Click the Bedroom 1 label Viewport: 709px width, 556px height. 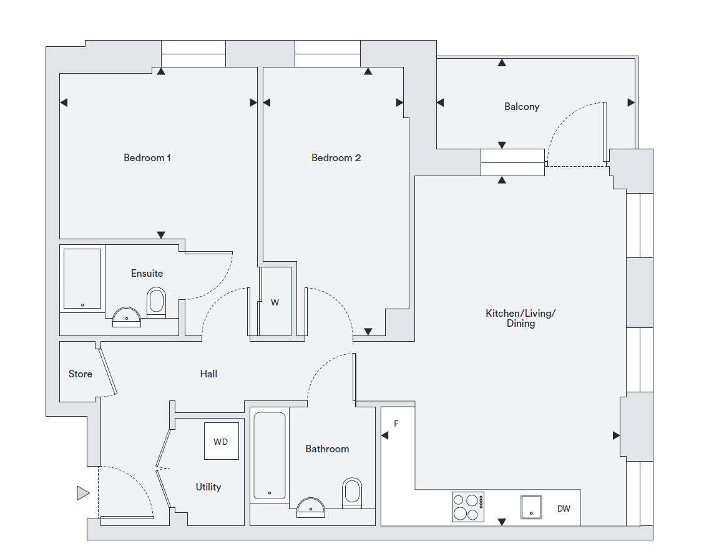147,158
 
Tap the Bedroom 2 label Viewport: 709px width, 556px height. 336,158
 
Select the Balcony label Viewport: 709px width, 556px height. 522,107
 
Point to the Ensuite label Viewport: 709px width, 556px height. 147,273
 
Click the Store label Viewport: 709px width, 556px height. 81,374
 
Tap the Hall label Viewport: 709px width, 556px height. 208,374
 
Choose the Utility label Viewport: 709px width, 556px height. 208,487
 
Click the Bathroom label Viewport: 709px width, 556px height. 327,449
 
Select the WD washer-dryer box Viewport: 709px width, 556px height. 221,442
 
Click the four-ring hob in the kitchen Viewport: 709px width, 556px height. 468,507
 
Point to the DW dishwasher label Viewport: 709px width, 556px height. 564,509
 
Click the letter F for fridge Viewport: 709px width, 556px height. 396,424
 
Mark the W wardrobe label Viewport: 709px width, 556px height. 275,303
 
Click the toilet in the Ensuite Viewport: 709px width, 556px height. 156,302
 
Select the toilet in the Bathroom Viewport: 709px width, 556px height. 352,492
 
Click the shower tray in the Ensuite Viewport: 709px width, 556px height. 82,279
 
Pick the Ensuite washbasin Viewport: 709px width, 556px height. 127,317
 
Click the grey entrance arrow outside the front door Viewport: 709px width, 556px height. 83,494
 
